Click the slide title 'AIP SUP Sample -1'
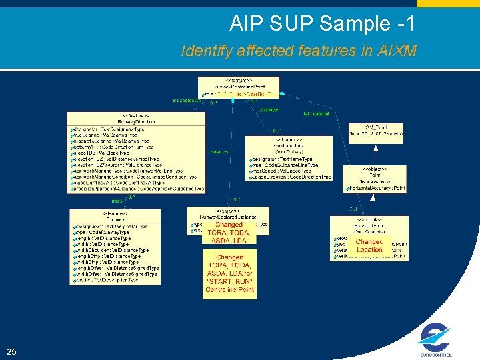pos(322,24)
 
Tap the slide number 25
pos(11,351)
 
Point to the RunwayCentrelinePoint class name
pos(238,87)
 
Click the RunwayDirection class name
pos(137,122)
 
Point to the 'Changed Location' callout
pos(369,245)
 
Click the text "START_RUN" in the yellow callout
pos(229,282)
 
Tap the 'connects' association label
pos(269,109)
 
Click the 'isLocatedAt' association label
pos(317,113)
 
